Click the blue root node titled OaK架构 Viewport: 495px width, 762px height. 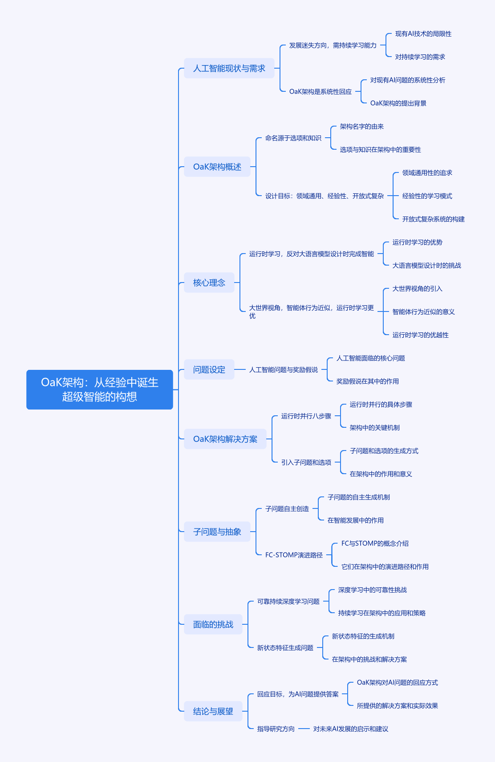(x=100, y=389)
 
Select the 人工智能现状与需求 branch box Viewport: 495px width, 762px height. (x=229, y=68)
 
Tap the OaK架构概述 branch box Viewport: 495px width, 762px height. (x=217, y=167)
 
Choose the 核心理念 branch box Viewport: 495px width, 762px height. (x=209, y=283)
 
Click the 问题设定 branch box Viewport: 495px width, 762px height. (x=209, y=369)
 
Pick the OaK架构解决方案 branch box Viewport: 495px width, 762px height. (x=225, y=439)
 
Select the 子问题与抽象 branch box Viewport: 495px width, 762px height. (x=217, y=532)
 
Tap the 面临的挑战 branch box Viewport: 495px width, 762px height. (x=213, y=624)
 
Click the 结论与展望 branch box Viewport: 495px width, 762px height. (x=213, y=711)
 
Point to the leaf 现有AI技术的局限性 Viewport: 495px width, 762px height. (x=423, y=34)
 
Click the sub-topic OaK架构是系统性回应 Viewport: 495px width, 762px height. (x=321, y=91)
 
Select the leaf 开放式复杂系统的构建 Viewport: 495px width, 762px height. (x=433, y=219)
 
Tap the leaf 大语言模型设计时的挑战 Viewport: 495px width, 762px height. (x=426, y=265)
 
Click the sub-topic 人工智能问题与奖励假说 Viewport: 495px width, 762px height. (x=284, y=369)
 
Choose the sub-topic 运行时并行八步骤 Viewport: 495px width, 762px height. (x=306, y=416)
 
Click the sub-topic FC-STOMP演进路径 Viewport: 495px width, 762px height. (x=294, y=555)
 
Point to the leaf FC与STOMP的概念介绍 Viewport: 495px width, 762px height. (x=375, y=543)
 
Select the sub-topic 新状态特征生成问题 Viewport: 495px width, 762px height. (x=285, y=648)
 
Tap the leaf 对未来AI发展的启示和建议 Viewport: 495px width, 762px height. (x=351, y=729)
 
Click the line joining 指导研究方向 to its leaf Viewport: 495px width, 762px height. (x=304, y=729)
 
